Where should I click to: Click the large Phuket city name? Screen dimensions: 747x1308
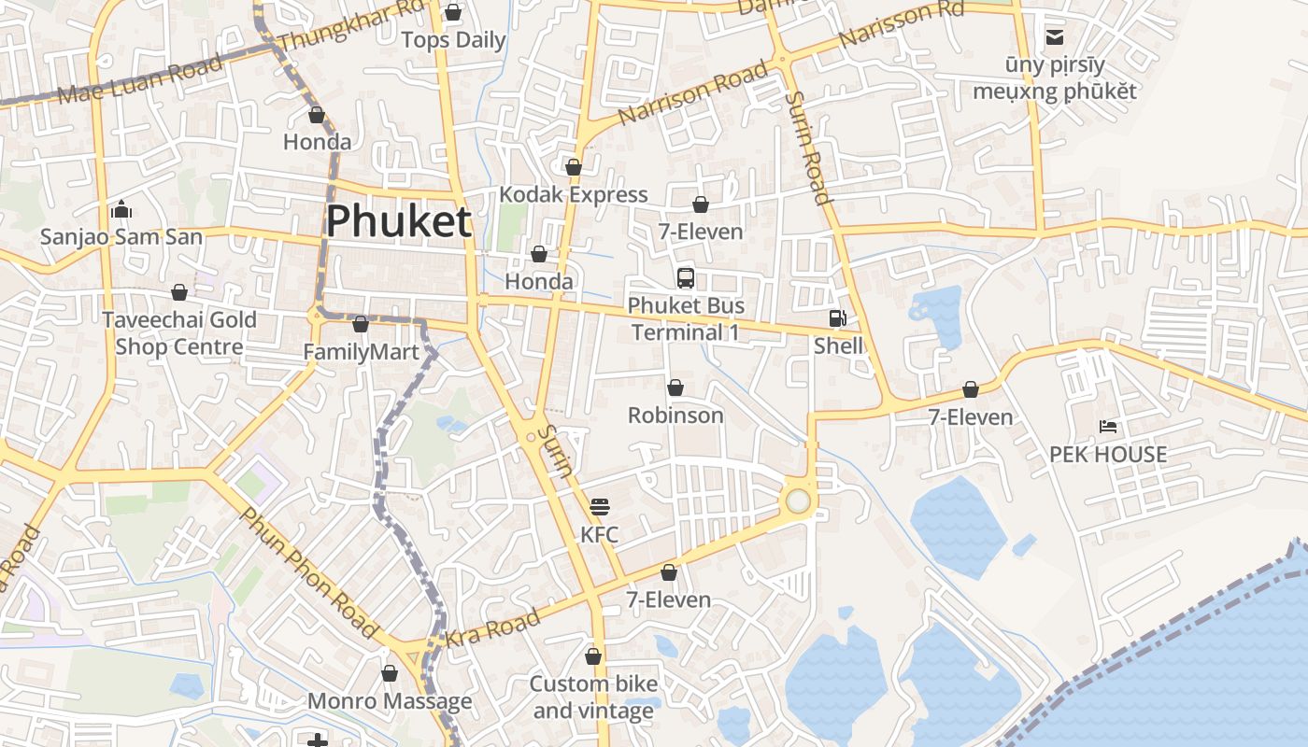pos(399,222)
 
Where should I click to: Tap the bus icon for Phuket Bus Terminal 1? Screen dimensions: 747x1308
pos(686,277)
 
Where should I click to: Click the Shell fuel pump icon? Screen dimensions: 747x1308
pos(837,318)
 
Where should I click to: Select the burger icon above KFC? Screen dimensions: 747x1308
pos(600,507)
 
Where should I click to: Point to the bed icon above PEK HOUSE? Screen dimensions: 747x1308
pos(1108,427)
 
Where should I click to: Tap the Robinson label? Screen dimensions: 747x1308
pos(675,415)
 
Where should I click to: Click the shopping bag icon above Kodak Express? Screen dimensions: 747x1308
pos(574,167)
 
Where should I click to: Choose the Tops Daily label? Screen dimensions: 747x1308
pos(453,40)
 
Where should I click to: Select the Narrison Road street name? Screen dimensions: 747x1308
pos(694,94)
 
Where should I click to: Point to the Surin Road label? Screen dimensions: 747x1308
pos(808,147)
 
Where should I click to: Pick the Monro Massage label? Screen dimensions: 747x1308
pos(390,700)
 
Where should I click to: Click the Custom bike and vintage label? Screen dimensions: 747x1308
pos(593,697)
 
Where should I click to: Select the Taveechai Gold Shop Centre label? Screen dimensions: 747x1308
pos(179,333)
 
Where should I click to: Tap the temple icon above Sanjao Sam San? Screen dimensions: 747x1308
pos(121,210)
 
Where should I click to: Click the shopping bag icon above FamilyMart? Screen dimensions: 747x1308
pos(361,325)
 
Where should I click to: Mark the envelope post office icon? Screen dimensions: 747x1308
pos(1055,37)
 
